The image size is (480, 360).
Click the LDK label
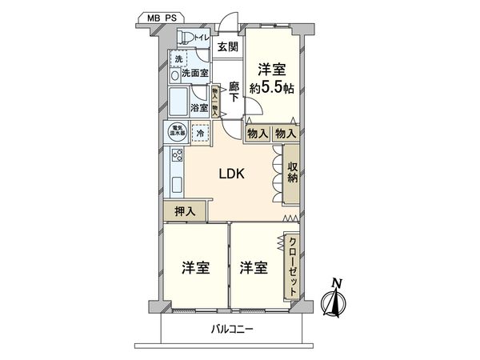coord(232,175)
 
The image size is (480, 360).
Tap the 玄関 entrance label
coord(227,47)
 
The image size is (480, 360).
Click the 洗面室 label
coord(194,73)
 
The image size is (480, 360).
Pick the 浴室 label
coord(200,107)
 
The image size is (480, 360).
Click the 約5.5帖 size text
coord(272,88)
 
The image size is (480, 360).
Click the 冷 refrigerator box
coord(199,134)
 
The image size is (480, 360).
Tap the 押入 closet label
coord(184,211)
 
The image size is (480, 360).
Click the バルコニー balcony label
coord(233,329)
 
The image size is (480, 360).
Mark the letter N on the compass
coord(337,283)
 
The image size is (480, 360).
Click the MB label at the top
coord(154,16)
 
